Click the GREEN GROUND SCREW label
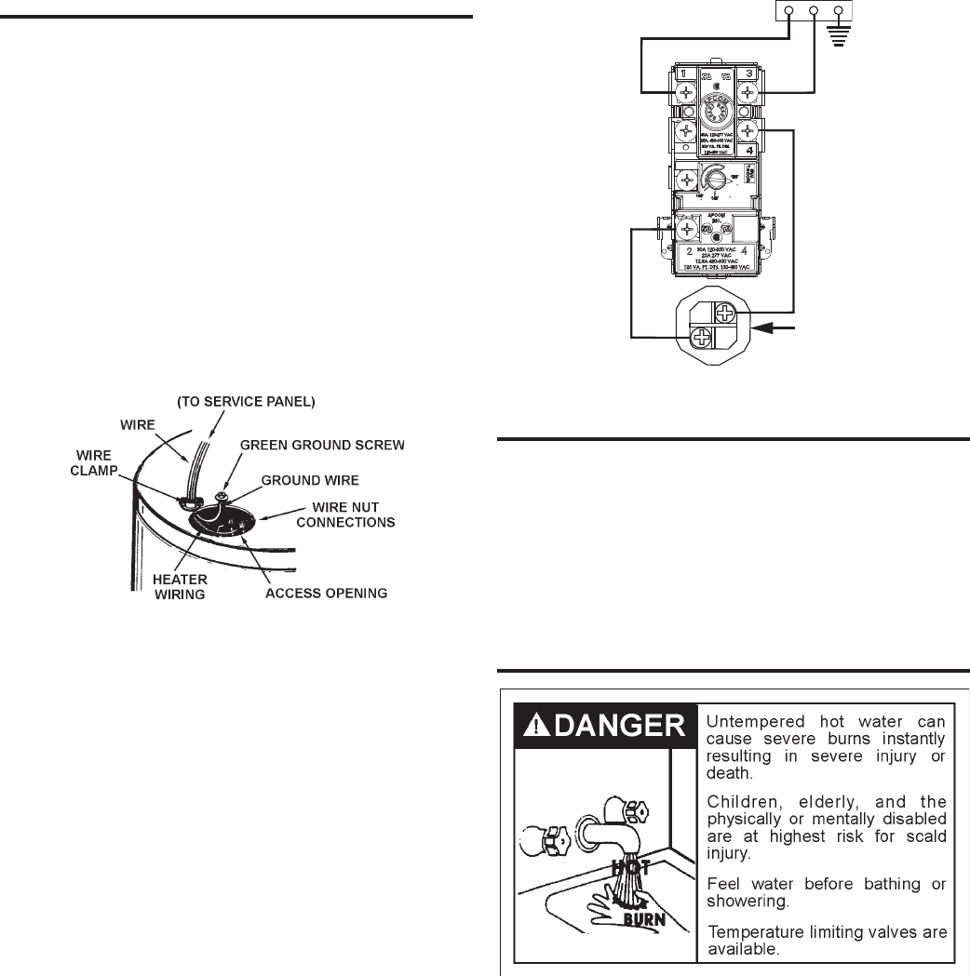point(322,446)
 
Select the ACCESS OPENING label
point(325,593)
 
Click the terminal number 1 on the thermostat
point(682,74)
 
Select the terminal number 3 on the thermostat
point(749,74)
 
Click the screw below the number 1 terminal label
point(686,92)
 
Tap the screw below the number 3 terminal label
point(748,92)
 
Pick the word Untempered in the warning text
point(753,721)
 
